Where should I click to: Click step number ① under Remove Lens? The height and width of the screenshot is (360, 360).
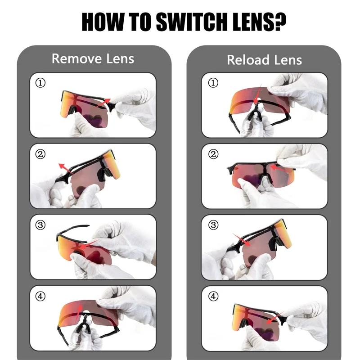(40, 82)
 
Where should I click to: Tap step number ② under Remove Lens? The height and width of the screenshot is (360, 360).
(40, 154)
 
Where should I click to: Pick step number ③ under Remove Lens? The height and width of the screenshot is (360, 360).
(40, 225)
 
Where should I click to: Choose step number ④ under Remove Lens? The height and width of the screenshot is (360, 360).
(40, 296)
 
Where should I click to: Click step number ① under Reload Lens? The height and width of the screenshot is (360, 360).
(213, 82)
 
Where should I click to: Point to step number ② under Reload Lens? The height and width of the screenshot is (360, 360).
(213, 154)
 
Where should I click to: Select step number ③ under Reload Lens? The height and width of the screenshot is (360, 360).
(213, 225)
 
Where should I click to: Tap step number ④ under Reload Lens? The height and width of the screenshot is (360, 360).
(213, 296)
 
